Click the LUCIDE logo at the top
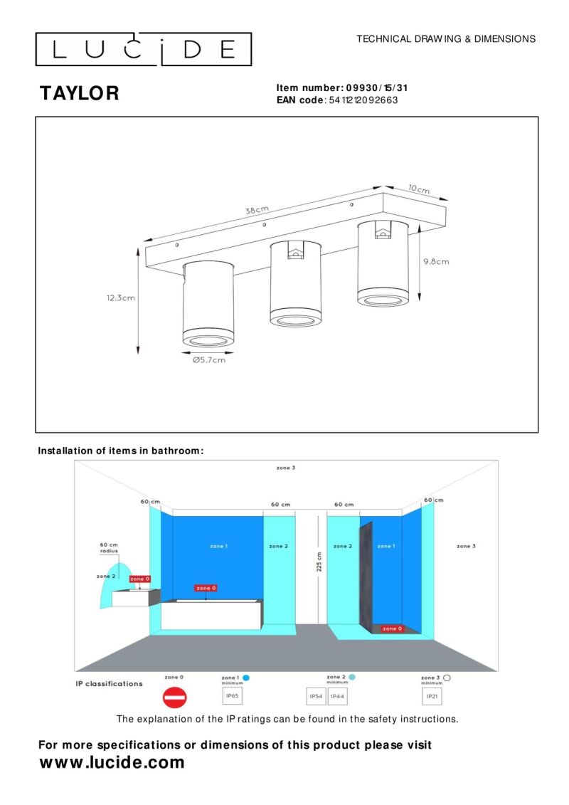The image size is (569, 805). pos(144,49)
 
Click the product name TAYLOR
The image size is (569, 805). pos(80,93)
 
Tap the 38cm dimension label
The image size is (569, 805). pos(257,210)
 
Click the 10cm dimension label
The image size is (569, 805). pos(418,189)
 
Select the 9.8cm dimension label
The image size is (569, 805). pos(436,261)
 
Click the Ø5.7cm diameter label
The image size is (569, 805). pos(208,360)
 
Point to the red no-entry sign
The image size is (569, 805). pos(174,698)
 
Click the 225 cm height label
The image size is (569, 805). pos(319,561)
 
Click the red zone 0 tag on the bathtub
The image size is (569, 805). pos(205,588)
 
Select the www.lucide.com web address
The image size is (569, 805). pos(112,763)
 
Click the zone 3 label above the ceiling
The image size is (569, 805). pos(286,468)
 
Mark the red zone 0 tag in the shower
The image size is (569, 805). pos(391,628)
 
